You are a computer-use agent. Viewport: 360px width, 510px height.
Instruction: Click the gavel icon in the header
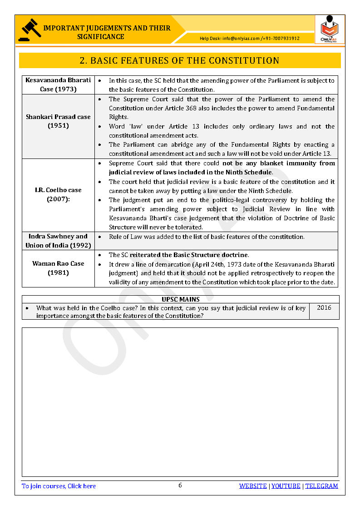pos(30,30)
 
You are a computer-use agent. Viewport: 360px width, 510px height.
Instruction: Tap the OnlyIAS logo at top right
pos(329,30)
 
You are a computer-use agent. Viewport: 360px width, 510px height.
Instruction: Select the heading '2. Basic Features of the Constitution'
pos(179,60)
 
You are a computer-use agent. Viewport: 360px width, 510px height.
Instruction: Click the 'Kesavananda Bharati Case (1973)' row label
pos(58,85)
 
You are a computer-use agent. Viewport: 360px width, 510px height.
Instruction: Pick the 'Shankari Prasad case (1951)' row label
pos(58,121)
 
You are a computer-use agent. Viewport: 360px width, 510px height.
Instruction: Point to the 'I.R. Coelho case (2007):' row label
pos(58,195)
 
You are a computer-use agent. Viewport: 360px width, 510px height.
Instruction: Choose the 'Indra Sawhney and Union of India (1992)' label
pos(58,241)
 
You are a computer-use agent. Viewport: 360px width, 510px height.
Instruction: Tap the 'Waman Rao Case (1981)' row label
pos(58,268)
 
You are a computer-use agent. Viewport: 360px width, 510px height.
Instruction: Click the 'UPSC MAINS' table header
pos(180,299)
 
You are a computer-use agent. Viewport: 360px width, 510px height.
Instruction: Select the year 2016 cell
pos(324,308)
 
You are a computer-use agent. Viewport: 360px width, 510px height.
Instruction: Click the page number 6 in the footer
pos(180,485)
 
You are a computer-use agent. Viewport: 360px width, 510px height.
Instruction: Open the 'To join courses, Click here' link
pos(59,486)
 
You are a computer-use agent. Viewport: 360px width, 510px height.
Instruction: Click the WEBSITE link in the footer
pos(253,486)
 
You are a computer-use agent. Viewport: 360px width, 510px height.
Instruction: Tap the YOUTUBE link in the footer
pos(286,486)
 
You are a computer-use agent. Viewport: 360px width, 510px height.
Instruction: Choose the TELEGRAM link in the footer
pos(321,486)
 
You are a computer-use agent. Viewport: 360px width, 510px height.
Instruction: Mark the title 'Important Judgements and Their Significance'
pos(107,32)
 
